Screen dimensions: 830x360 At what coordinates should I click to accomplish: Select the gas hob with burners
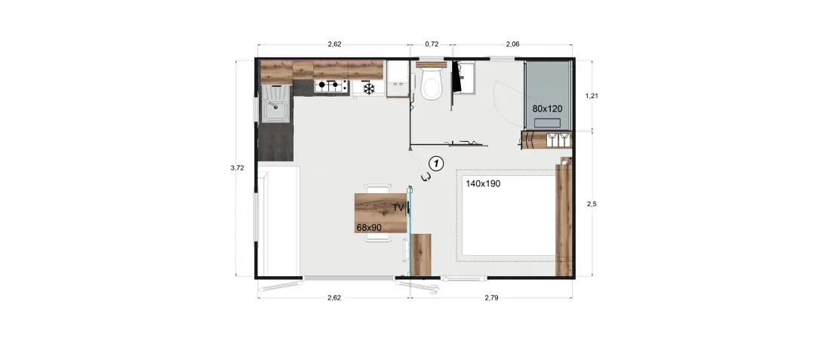pyautogui.click(x=330, y=85)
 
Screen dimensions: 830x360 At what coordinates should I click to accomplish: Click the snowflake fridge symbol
pyautogui.click(x=368, y=88)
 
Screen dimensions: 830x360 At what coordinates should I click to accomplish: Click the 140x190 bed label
pyautogui.click(x=483, y=184)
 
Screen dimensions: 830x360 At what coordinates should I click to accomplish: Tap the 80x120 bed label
pyautogui.click(x=547, y=109)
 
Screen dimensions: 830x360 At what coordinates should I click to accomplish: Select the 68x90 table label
pyautogui.click(x=370, y=228)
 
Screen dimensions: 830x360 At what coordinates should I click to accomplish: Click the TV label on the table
pyautogui.click(x=398, y=208)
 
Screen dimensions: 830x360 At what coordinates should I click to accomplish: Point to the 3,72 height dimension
pyautogui.click(x=237, y=168)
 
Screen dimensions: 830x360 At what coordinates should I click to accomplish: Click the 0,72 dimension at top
pyautogui.click(x=432, y=45)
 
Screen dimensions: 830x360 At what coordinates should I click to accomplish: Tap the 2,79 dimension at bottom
pyautogui.click(x=491, y=297)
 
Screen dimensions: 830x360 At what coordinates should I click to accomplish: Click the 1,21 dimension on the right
pyautogui.click(x=592, y=96)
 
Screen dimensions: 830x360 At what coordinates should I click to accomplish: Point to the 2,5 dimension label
pyautogui.click(x=592, y=203)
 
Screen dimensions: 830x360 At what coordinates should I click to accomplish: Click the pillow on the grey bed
pyautogui.click(x=547, y=123)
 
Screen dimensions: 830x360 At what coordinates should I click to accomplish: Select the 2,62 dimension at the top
pyautogui.click(x=334, y=45)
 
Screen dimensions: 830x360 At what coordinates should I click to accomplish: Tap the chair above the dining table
pyautogui.click(x=379, y=189)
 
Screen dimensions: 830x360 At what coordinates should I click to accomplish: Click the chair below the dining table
pyautogui.click(x=379, y=238)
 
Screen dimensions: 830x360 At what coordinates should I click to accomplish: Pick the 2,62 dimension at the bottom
pyautogui.click(x=334, y=297)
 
